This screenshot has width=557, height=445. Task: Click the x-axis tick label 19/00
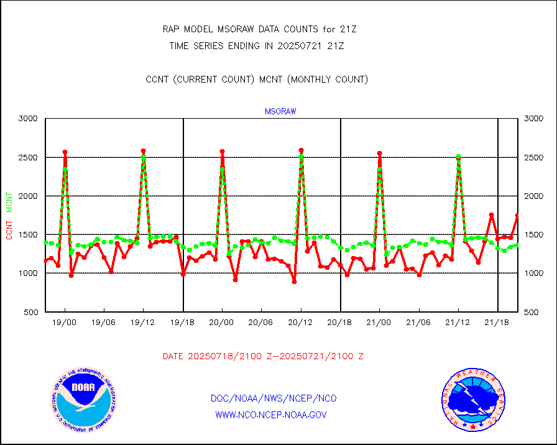[x=65, y=323]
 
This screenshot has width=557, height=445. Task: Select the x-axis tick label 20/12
[x=301, y=323]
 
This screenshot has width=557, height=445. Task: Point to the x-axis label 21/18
[x=497, y=323]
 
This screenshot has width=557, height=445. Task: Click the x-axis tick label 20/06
[x=261, y=323]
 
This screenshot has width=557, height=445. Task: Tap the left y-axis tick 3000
[x=28, y=118]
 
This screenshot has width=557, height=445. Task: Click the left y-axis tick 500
[x=30, y=312]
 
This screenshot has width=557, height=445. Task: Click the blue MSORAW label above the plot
[x=280, y=112]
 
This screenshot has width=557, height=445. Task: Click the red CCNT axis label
[x=9, y=228]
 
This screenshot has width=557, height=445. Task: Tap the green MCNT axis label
[x=9, y=202]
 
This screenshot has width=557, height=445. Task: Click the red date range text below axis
[x=263, y=357]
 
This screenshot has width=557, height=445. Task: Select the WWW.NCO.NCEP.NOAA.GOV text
[x=271, y=415]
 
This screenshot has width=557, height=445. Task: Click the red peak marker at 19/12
[x=143, y=151]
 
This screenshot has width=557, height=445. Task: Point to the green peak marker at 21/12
[x=458, y=157]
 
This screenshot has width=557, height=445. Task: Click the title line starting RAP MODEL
[x=259, y=29]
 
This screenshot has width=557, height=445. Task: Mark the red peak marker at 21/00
[x=379, y=153]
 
